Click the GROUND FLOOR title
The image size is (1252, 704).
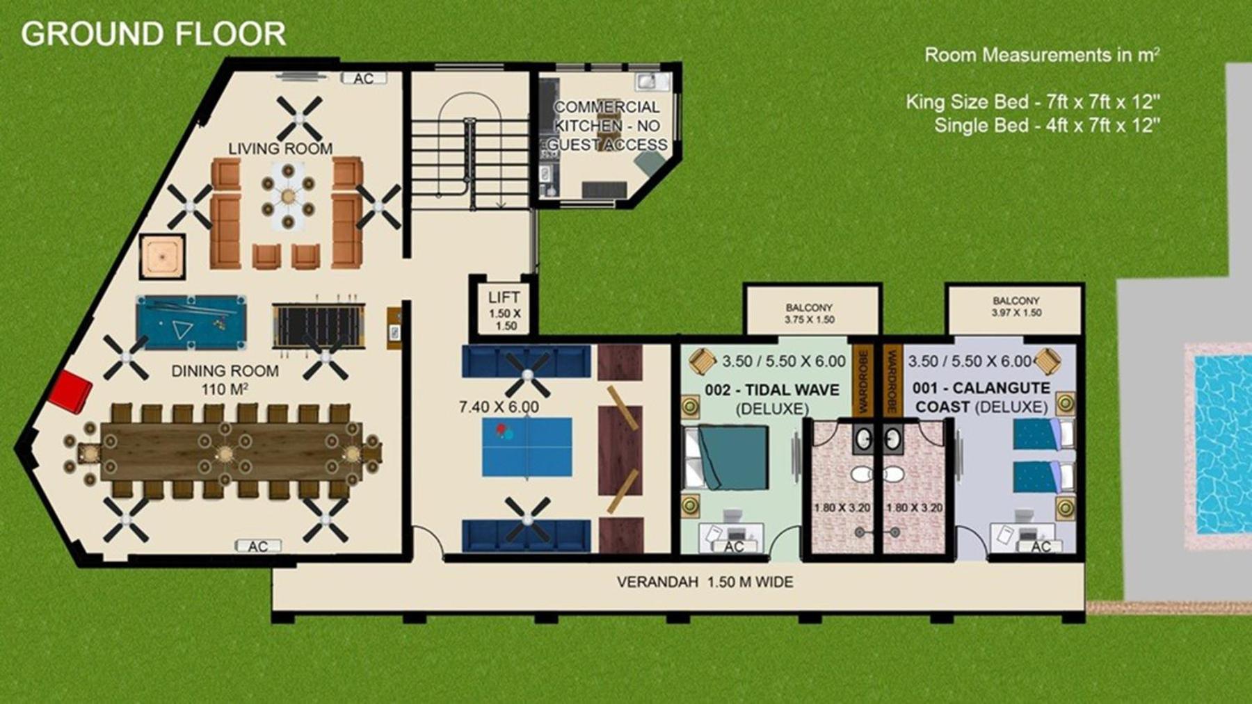(x=153, y=34)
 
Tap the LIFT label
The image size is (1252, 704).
(x=504, y=297)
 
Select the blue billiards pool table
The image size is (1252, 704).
(x=191, y=322)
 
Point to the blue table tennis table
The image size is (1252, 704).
(x=527, y=447)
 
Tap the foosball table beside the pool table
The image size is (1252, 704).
(x=319, y=325)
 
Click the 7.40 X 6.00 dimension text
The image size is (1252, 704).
(x=499, y=407)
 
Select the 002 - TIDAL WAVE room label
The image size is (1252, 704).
(x=772, y=390)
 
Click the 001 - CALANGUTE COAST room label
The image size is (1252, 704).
(x=981, y=397)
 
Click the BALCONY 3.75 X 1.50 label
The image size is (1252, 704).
(x=810, y=313)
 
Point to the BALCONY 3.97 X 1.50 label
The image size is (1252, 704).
(x=1016, y=306)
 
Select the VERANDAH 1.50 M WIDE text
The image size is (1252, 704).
(x=705, y=582)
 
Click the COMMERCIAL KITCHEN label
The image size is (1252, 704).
(x=607, y=116)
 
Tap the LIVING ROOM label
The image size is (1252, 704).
(x=280, y=148)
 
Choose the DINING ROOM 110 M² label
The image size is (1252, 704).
(x=225, y=379)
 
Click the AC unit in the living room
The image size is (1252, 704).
(x=363, y=78)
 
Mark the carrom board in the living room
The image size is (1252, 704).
(x=162, y=257)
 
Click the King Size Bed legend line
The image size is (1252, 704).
(x=1033, y=102)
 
